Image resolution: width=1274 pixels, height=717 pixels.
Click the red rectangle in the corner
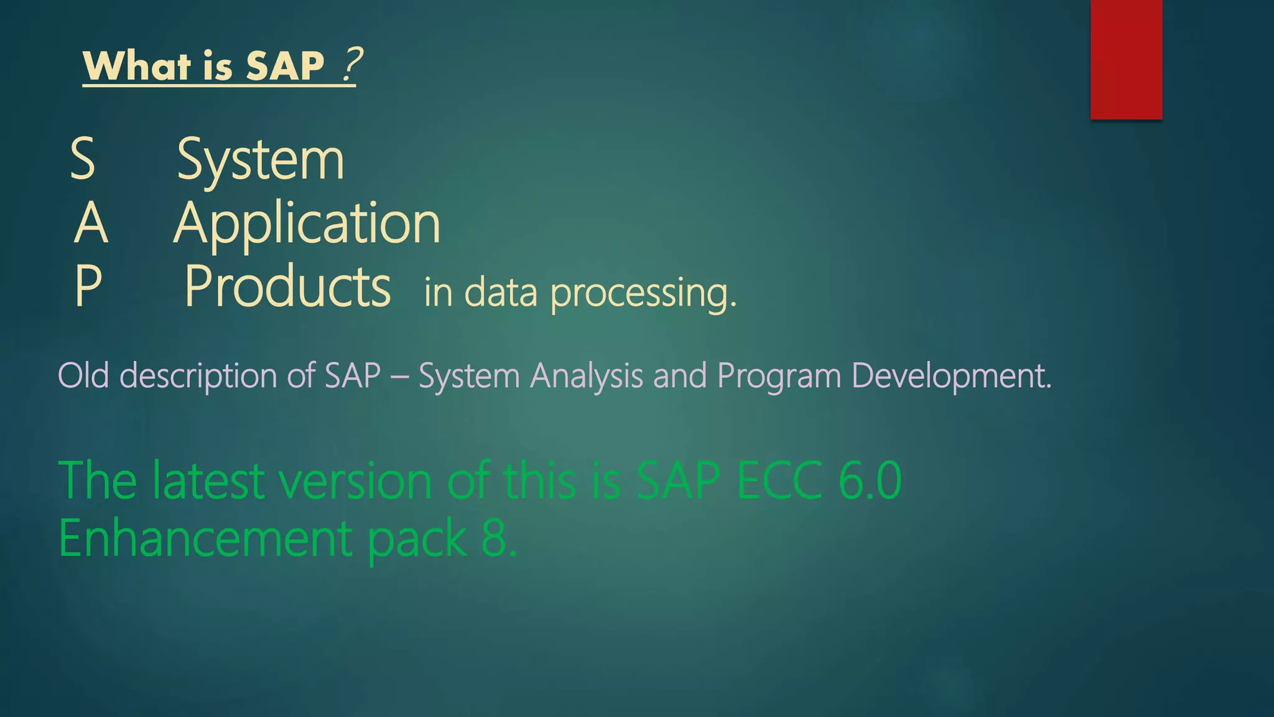click(1126, 59)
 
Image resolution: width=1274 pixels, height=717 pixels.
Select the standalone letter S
click(83, 159)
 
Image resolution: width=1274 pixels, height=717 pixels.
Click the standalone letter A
click(91, 224)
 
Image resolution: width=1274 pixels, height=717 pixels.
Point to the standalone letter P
click(88, 287)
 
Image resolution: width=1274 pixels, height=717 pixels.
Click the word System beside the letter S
click(260, 161)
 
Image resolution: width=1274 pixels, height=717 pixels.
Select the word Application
click(307, 224)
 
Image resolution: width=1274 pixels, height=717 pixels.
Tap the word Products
click(287, 287)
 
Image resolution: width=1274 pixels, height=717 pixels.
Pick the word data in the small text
click(501, 293)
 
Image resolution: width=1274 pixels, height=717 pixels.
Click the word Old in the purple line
click(83, 376)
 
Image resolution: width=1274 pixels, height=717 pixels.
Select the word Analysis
click(586, 376)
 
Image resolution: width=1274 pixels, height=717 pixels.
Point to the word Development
click(951, 376)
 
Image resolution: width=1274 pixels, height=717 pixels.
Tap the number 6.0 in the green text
click(869, 480)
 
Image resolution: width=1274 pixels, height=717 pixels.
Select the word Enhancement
click(206, 539)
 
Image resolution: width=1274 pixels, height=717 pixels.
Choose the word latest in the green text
click(209, 480)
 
